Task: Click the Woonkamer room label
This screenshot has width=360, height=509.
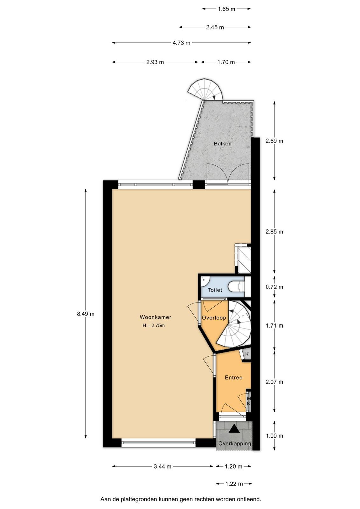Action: (x=156, y=317)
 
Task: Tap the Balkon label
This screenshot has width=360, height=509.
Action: (x=223, y=143)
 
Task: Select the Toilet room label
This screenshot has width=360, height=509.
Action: (x=215, y=290)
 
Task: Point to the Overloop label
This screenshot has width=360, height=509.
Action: (x=214, y=318)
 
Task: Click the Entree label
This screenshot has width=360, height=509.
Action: (x=233, y=377)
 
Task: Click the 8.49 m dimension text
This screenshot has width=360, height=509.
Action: (x=86, y=314)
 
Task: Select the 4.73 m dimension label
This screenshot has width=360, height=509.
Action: (x=182, y=43)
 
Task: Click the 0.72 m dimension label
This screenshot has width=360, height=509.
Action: (x=274, y=287)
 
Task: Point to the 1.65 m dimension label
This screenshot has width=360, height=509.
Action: (x=226, y=9)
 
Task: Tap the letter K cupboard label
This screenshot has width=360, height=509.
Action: (x=247, y=354)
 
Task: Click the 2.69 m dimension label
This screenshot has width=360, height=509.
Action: (x=274, y=141)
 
